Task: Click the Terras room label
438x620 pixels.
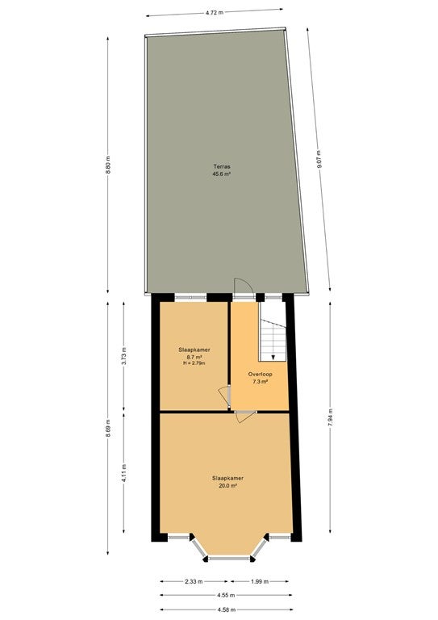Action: (222, 166)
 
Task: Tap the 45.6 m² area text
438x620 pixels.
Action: (222, 174)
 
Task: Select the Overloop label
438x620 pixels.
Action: (260, 374)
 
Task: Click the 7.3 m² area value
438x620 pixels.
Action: (260, 382)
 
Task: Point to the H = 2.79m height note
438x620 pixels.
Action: (194, 363)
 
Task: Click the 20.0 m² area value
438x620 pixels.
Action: (227, 486)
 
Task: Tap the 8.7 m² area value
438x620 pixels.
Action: (194, 357)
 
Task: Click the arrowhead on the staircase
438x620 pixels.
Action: (273, 357)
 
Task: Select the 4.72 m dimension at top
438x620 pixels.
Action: (215, 12)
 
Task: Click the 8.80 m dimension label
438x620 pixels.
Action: (108, 165)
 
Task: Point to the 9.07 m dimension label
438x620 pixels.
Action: (319, 159)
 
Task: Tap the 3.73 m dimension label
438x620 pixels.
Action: (123, 355)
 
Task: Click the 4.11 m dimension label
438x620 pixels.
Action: (123, 473)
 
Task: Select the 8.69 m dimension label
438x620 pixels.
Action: (108, 428)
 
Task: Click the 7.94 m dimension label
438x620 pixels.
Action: (330, 417)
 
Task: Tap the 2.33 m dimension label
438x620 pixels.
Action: (194, 581)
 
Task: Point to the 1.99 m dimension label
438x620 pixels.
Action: (260, 581)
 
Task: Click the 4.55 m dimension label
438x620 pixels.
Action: (227, 595)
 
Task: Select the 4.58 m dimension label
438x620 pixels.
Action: (227, 610)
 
